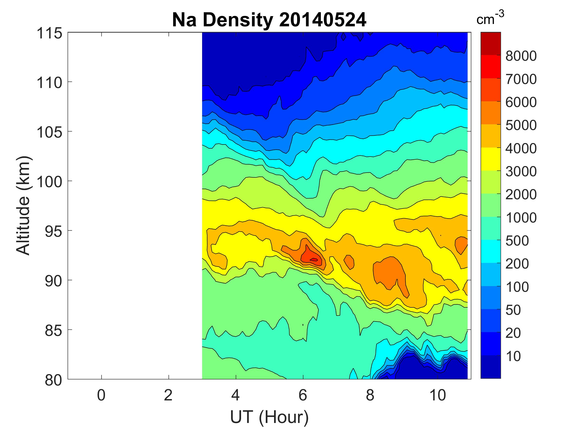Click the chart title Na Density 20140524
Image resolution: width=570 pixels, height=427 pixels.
[x=269, y=20]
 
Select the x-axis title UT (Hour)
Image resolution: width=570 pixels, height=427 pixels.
[x=269, y=417]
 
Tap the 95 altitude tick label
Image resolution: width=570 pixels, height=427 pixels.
[x=53, y=231]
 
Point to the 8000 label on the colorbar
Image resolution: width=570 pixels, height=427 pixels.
[x=521, y=56]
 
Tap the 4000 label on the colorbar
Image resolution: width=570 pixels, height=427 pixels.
[x=521, y=149]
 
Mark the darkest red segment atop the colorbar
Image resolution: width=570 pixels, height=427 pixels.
[x=490, y=44]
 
